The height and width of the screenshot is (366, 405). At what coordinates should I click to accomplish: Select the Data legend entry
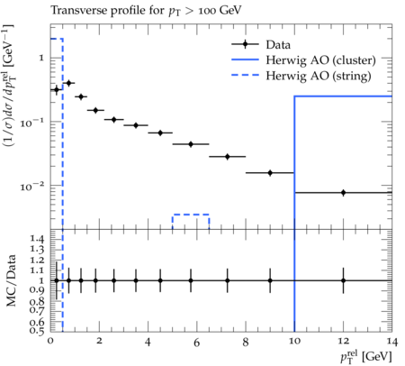pyautogui.click(x=261, y=44)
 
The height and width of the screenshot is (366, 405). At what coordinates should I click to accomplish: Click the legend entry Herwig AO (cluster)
pyautogui.click(x=303, y=60)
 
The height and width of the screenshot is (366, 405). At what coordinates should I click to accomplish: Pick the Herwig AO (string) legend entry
pyautogui.click(x=301, y=76)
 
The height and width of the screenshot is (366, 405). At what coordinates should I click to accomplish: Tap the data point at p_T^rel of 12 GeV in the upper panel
pyautogui.click(x=343, y=193)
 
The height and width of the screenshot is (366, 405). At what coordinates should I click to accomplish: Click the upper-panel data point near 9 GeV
pyautogui.click(x=270, y=173)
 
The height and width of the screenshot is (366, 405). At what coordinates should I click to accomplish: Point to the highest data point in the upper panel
pyautogui.click(x=68, y=83)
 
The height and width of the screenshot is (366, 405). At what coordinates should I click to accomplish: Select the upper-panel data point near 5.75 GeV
pyautogui.click(x=191, y=144)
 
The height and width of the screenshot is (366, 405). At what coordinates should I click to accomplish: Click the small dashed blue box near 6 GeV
pyautogui.click(x=191, y=215)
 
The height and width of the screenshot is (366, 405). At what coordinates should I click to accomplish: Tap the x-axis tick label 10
pyautogui.click(x=294, y=341)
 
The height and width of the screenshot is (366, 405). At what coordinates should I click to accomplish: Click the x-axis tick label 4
pyautogui.click(x=148, y=341)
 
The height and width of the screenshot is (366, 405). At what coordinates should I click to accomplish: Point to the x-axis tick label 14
pyautogui.click(x=391, y=341)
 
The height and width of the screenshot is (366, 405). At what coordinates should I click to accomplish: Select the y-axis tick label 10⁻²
pyautogui.click(x=30, y=187)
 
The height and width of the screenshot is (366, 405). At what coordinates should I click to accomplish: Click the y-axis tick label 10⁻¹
pyautogui.click(x=30, y=123)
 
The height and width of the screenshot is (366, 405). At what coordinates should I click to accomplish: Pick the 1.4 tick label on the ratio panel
pyautogui.click(x=37, y=239)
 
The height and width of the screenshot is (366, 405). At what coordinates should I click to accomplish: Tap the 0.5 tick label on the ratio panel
pyautogui.click(x=37, y=331)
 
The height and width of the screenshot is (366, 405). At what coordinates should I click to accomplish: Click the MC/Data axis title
pyautogui.click(x=11, y=280)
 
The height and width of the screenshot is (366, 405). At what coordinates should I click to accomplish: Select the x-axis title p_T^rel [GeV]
pyautogui.click(x=366, y=357)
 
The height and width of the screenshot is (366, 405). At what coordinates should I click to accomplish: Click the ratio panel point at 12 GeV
pyautogui.click(x=343, y=280)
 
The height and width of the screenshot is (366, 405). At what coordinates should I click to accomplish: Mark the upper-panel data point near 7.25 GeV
pyautogui.click(x=227, y=157)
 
